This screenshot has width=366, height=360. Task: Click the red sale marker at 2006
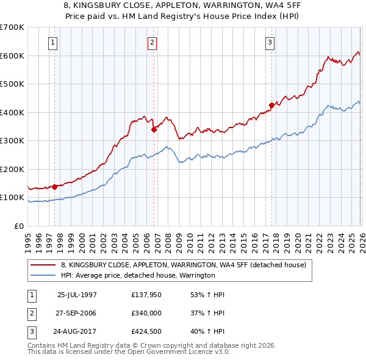[154, 129]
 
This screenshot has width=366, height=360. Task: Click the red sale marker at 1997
[55, 187]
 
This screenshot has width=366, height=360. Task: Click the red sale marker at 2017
[271, 106]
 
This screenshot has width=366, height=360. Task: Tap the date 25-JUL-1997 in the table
[77, 295]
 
